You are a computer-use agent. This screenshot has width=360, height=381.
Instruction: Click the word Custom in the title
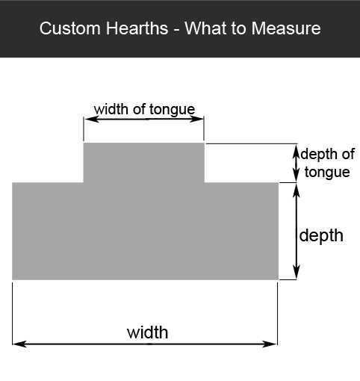[x=70, y=28]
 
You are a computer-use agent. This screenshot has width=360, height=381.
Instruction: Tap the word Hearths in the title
[x=137, y=28]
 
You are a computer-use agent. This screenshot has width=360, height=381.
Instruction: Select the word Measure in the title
[x=286, y=28]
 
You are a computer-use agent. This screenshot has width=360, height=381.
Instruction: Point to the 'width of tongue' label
[x=144, y=110]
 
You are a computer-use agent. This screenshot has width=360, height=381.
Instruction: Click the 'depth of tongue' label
[x=328, y=163]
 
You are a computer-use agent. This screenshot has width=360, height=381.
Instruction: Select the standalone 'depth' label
[x=321, y=235]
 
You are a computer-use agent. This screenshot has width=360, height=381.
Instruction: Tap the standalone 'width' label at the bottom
[x=148, y=332]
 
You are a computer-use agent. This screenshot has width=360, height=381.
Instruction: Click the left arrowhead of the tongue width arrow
[x=92, y=119]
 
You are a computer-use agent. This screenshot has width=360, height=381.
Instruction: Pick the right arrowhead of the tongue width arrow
[x=196, y=119]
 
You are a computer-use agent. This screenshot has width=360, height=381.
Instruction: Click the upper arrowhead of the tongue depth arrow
[x=296, y=152]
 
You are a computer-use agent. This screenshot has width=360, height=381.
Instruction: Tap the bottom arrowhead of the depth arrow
[x=296, y=272]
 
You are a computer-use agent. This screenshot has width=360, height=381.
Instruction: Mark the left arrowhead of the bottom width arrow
[x=19, y=344]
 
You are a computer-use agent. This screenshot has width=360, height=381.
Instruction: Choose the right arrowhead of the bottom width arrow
[x=270, y=344]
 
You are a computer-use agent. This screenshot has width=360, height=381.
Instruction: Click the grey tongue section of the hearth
[x=144, y=163]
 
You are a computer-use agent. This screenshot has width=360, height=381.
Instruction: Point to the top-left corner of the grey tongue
[x=84, y=143]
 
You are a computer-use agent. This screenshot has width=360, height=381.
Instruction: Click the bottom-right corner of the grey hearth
[x=279, y=279]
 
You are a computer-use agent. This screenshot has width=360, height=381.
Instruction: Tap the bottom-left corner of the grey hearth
[x=12, y=279]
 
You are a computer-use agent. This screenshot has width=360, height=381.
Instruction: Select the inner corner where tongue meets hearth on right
[x=205, y=182]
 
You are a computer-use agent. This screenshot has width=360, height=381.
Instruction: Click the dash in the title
[x=176, y=30]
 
